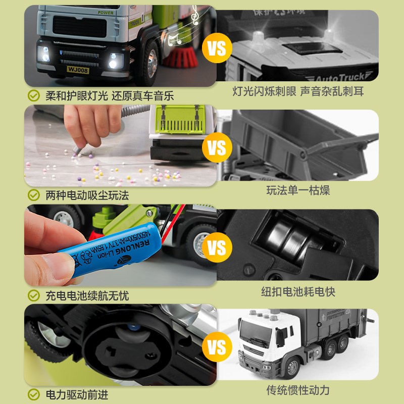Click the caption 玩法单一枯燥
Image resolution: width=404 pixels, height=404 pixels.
(298, 191)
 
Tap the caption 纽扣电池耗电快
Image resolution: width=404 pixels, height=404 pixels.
(298, 291)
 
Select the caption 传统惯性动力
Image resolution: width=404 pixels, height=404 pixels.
(298, 390)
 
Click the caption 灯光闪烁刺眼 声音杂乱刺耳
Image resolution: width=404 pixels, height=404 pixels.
(298, 91)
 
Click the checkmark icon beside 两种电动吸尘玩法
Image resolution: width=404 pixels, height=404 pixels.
(34, 194)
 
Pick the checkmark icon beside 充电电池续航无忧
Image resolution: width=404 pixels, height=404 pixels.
(34, 295)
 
